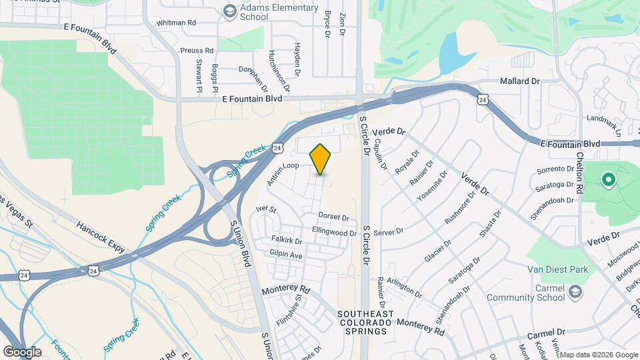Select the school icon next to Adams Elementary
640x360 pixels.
[x=229, y=11]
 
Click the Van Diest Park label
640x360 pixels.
[x=557, y=269]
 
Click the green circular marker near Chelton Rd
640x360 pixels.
[x=608, y=179]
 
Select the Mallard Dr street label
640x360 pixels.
[x=519, y=81]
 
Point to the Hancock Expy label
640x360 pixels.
[x=101, y=237]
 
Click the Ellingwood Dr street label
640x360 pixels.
[x=335, y=233]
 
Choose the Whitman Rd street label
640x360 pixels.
[x=176, y=22]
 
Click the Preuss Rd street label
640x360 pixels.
[x=197, y=50]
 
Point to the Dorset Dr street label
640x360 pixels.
[x=333, y=217]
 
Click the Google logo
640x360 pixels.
[x=22, y=351]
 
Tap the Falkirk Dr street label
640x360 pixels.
[x=287, y=239]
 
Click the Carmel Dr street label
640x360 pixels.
[x=546, y=331]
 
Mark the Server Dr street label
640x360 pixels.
[x=388, y=232]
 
